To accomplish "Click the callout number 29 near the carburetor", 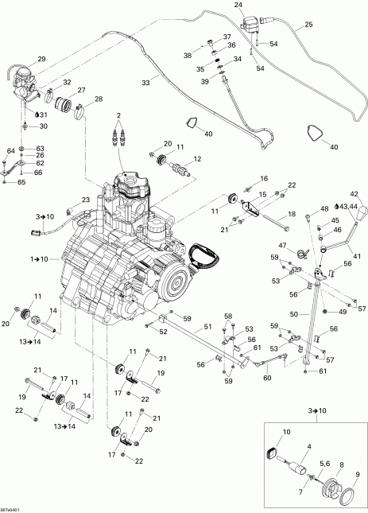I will [41, 59].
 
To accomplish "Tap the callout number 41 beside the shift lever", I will [355, 256].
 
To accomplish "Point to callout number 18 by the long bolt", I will [292, 214].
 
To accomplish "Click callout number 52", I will [161, 332].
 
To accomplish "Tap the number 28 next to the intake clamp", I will [99, 99].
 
